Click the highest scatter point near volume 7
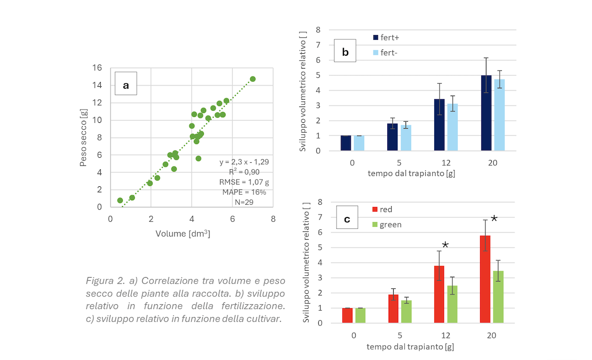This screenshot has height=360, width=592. [253, 79]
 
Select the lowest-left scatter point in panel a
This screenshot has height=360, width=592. [120, 200]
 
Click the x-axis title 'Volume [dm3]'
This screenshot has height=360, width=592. [183, 234]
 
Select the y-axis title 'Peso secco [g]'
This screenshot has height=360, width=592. [84, 137]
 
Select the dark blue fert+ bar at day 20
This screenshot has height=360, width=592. [486, 113]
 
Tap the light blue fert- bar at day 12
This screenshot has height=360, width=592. [453, 127]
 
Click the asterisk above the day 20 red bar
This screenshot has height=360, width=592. [494, 218]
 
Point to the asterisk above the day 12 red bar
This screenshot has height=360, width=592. [445, 245]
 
